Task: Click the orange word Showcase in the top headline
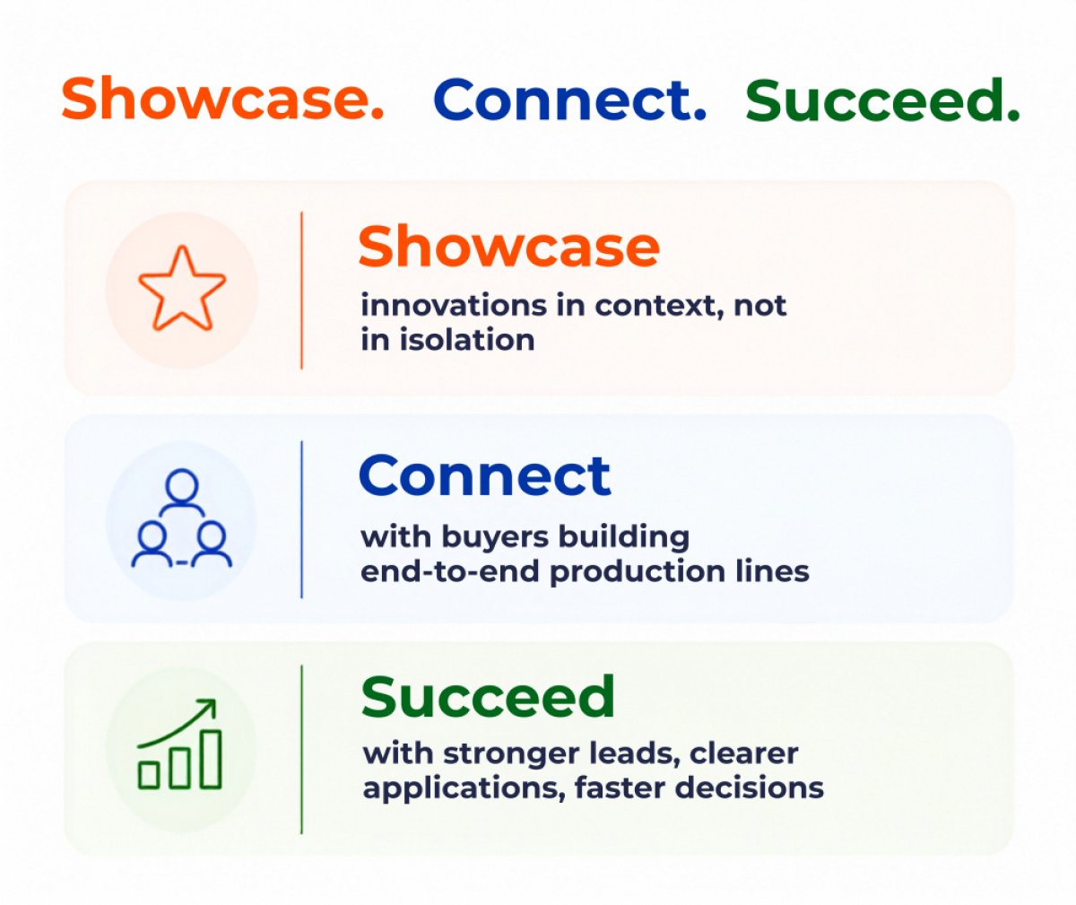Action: click(222, 98)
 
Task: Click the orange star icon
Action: click(182, 289)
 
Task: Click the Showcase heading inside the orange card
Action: click(508, 247)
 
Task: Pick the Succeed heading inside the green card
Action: click(488, 697)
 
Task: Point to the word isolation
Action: click(467, 340)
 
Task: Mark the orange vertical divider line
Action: click(301, 291)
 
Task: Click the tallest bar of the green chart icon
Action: click(211, 759)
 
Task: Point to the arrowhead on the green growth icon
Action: click(209, 706)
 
